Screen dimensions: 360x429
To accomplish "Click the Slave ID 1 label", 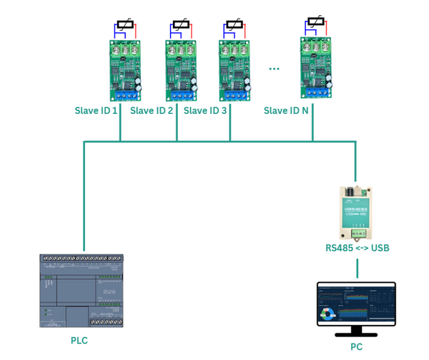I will [x=96, y=111].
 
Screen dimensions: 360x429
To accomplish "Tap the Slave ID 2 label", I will [x=152, y=111].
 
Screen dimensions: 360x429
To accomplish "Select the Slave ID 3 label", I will [x=205, y=111].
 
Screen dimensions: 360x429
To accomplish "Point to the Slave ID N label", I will [x=286, y=111].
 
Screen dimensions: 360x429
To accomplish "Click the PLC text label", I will [x=79, y=341].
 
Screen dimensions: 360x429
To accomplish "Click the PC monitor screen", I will [x=356, y=303].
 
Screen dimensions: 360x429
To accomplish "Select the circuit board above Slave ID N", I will [x=315, y=68].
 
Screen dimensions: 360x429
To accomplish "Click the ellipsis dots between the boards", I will [x=274, y=69].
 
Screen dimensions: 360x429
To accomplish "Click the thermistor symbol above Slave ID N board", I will [x=315, y=22].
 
